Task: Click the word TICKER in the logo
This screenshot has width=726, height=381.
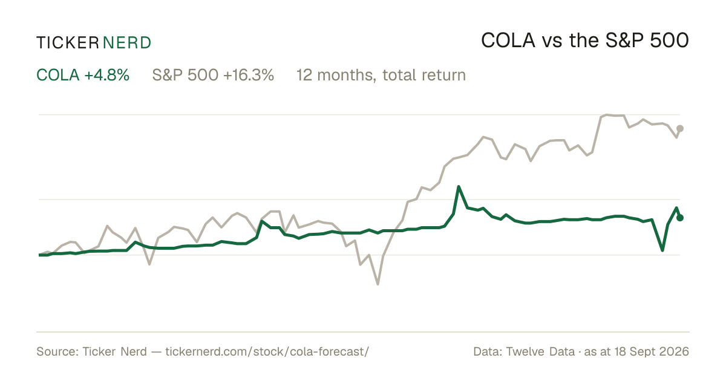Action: tap(67, 43)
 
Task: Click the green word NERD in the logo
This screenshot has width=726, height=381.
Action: tap(126, 43)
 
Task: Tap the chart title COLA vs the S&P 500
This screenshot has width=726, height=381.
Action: tap(585, 41)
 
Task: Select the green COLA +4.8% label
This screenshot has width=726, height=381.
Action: tap(83, 75)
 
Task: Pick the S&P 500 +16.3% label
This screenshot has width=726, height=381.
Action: tap(213, 75)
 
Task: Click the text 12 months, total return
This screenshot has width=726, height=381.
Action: tap(381, 76)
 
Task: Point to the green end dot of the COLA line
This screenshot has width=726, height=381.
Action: tap(680, 218)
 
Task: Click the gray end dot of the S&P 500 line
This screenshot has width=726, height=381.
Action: tap(680, 129)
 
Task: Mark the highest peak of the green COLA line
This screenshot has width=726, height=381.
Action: tap(459, 187)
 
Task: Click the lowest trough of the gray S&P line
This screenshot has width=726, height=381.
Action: tap(378, 284)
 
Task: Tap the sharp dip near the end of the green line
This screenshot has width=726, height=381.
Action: tap(662, 250)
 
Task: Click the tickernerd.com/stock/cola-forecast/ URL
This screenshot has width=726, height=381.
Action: tap(267, 351)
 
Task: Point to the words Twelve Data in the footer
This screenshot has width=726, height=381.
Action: tap(540, 351)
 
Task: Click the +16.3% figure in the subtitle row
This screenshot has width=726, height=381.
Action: tap(249, 75)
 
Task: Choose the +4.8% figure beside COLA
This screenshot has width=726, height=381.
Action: tap(107, 75)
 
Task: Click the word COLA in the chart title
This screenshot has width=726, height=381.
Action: tap(508, 41)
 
